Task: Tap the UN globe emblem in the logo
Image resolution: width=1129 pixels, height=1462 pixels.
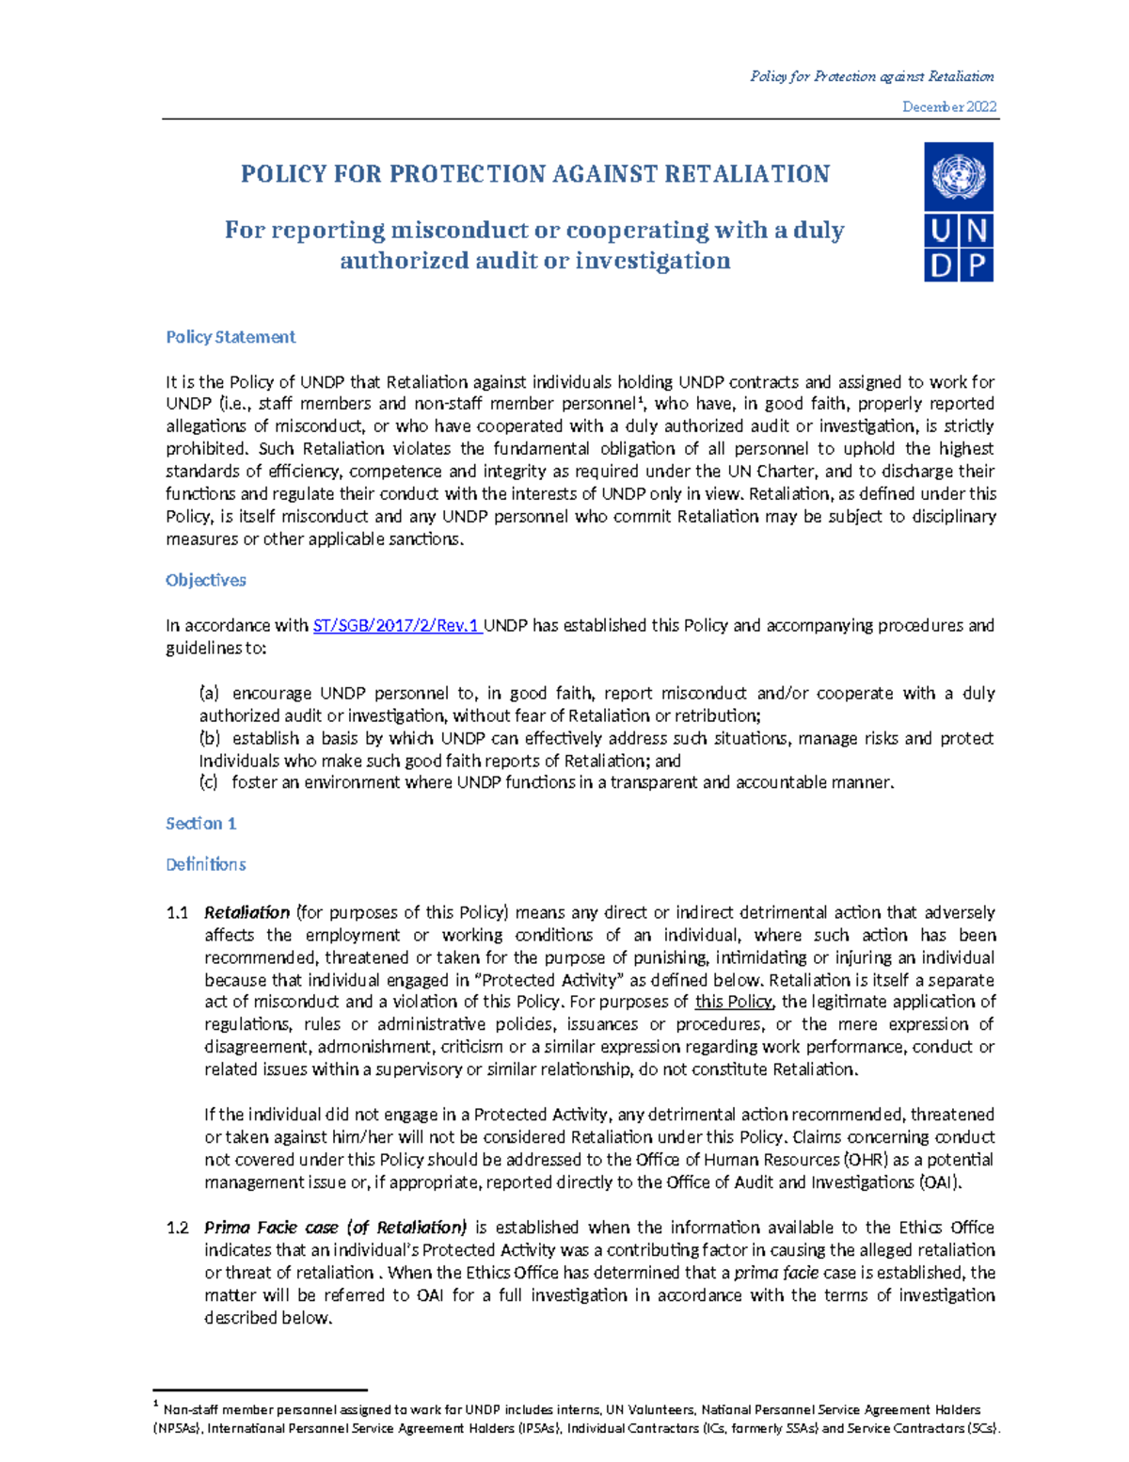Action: (958, 176)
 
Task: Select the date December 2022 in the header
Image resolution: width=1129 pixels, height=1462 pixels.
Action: (949, 107)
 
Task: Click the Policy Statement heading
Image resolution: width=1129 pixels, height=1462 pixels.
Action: (231, 337)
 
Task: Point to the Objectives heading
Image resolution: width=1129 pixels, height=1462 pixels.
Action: (206, 581)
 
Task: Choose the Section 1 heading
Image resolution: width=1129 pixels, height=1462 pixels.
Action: (200, 824)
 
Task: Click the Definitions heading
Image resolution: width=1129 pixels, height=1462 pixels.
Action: (206, 864)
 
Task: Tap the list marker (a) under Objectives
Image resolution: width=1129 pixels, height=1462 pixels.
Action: (209, 694)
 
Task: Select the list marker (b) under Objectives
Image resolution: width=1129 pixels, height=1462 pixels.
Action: (209, 739)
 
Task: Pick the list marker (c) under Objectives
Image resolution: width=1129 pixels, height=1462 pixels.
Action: (209, 782)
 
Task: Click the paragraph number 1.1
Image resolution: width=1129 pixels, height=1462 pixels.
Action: (177, 913)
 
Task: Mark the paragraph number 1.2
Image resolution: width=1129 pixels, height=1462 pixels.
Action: (177, 1228)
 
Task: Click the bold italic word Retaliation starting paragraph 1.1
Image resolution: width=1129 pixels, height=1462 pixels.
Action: (246, 913)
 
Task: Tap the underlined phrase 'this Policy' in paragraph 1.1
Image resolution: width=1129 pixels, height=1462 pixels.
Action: (734, 1002)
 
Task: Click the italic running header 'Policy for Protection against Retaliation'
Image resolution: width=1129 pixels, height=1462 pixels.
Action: (871, 76)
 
